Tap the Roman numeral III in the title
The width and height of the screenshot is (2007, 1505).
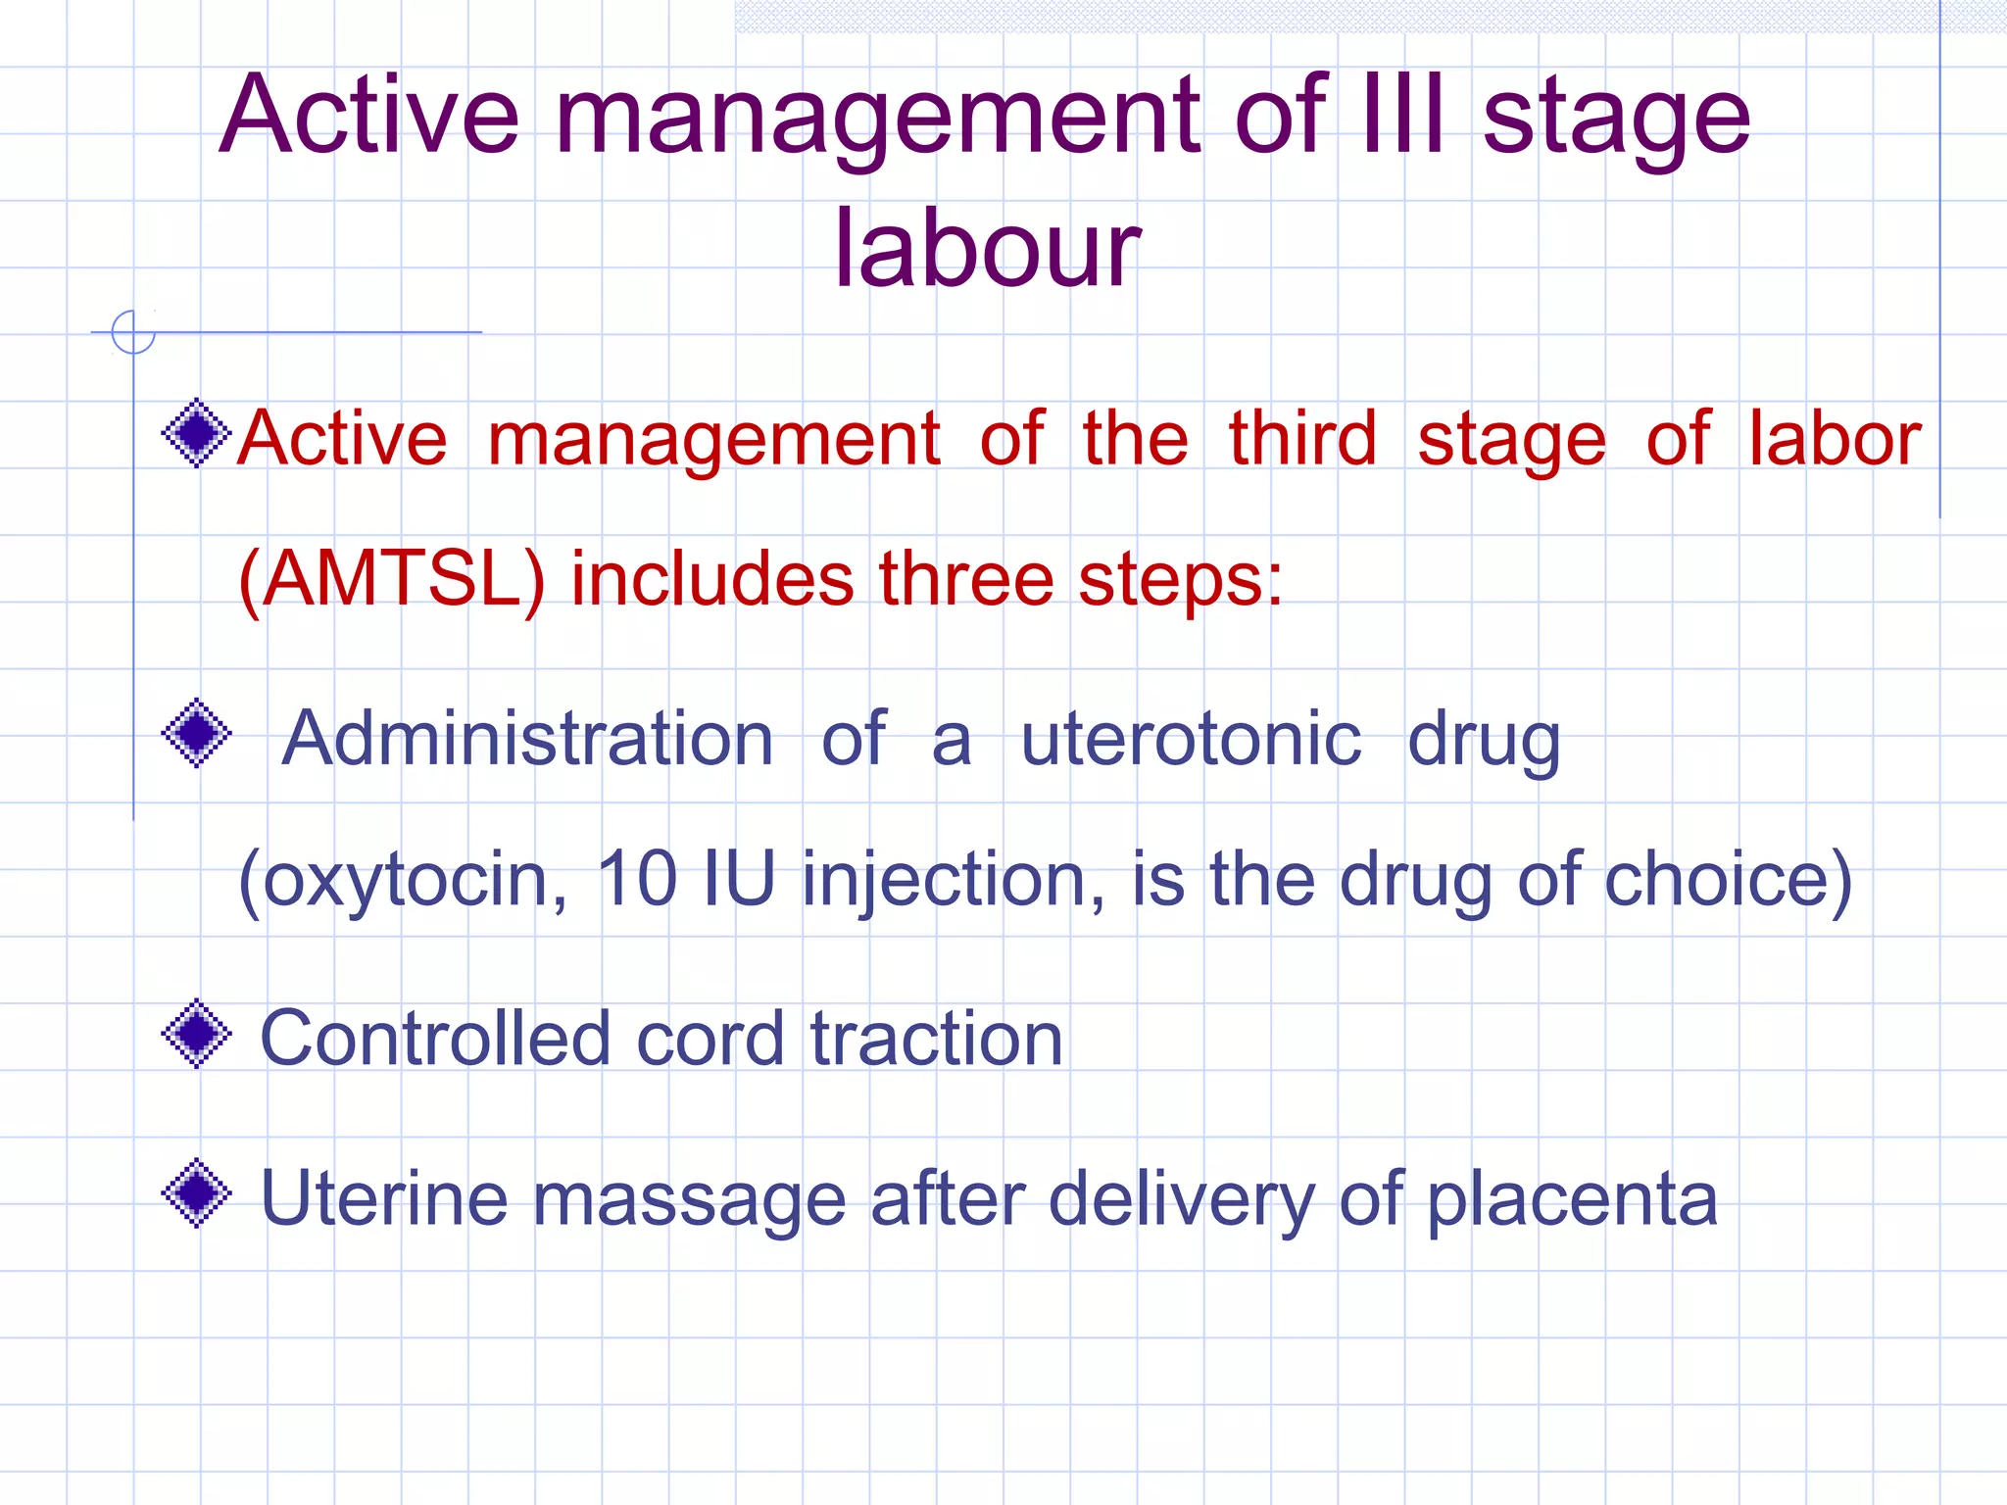(x=1402, y=116)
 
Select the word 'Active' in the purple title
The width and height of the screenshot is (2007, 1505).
(x=369, y=116)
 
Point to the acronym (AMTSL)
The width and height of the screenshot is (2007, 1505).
(x=391, y=579)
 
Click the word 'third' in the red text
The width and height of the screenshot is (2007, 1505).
(x=1302, y=438)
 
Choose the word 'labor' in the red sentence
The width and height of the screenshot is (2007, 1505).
(x=1835, y=438)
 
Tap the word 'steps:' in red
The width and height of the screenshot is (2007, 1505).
(x=1181, y=579)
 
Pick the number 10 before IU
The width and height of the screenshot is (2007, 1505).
(x=637, y=878)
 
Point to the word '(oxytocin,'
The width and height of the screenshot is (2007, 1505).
(x=403, y=879)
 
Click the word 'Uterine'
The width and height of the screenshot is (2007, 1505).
(x=383, y=1197)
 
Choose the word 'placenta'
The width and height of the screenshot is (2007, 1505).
(x=1572, y=1199)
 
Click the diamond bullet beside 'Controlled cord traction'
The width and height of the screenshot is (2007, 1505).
(x=197, y=1033)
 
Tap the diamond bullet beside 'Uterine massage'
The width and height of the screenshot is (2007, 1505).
(x=197, y=1192)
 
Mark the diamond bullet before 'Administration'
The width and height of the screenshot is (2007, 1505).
(x=197, y=733)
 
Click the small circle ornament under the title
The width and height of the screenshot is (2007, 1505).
(x=133, y=331)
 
